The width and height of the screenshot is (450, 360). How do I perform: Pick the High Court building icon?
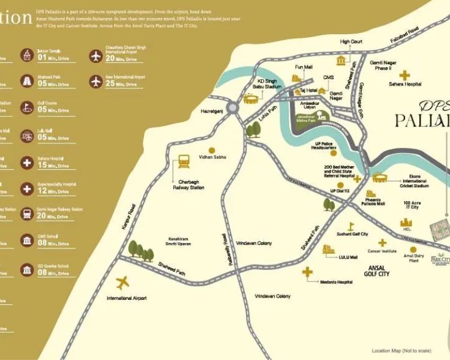pos(342,60)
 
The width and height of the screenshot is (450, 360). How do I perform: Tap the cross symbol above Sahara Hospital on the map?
pos(405,75)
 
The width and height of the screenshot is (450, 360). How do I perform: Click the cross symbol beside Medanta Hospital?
pos(307,273)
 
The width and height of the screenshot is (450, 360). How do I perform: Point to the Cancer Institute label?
pos(382,251)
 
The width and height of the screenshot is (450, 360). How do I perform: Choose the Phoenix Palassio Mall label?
pos(378,204)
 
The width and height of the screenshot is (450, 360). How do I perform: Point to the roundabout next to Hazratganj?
pos(232,108)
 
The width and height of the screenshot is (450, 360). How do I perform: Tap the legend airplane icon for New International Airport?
pos(95,80)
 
